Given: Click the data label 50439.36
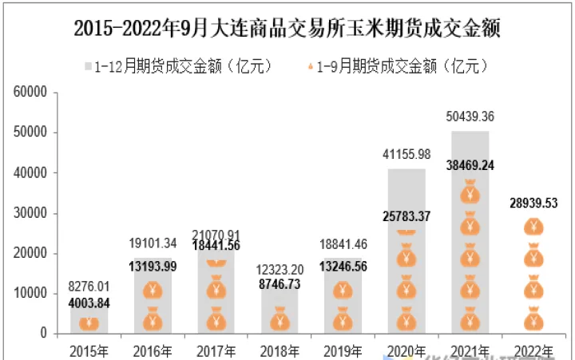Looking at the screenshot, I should tap(470, 117).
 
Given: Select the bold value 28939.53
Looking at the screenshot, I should tap(533, 204).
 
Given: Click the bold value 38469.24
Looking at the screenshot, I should tap(470, 166).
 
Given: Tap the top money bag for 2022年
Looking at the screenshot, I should tap(533, 227).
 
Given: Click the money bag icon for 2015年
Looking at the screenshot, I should tap(89, 322).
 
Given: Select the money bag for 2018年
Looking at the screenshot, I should tap(279, 321).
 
